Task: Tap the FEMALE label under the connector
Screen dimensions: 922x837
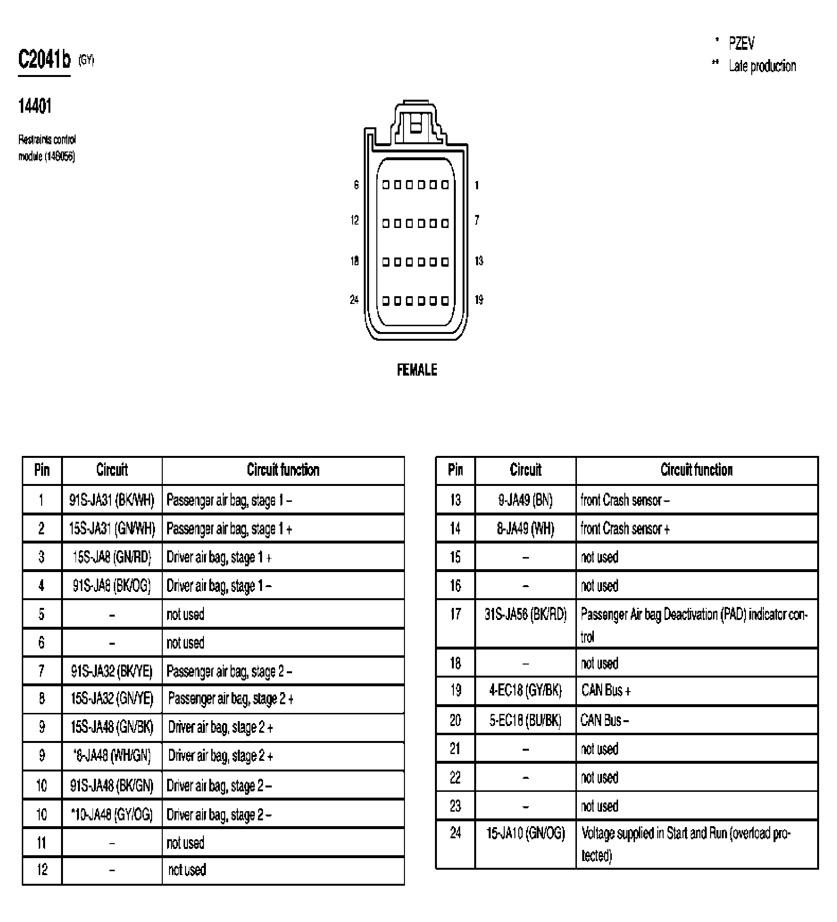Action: (x=417, y=370)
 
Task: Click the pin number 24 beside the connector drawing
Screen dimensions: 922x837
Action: (x=354, y=300)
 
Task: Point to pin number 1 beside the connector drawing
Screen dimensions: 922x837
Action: (x=477, y=185)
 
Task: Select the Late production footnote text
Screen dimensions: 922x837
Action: (x=762, y=66)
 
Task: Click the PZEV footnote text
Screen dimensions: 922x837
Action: (x=741, y=44)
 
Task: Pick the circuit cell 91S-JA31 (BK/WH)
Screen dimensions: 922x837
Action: (x=112, y=500)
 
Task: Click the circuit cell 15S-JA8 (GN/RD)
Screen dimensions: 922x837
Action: (x=112, y=557)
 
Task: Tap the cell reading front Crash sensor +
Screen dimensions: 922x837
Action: (x=625, y=529)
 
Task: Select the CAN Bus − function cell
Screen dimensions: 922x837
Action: (x=604, y=721)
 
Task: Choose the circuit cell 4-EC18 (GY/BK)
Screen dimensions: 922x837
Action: (x=526, y=691)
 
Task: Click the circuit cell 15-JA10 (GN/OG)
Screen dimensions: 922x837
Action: (x=526, y=833)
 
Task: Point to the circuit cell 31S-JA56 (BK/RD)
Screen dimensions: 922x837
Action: (x=526, y=615)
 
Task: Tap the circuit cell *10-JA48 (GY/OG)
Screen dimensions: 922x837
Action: (x=112, y=815)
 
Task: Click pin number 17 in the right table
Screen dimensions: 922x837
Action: (x=455, y=615)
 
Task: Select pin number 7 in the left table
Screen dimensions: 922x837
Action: (x=42, y=671)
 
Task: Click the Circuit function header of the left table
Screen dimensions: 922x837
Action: (x=283, y=470)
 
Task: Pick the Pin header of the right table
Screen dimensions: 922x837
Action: (x=455, y=470)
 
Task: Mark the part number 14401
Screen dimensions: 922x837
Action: (x=34, y=106)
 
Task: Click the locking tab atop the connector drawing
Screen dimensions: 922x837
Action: (x=416, y=121)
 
